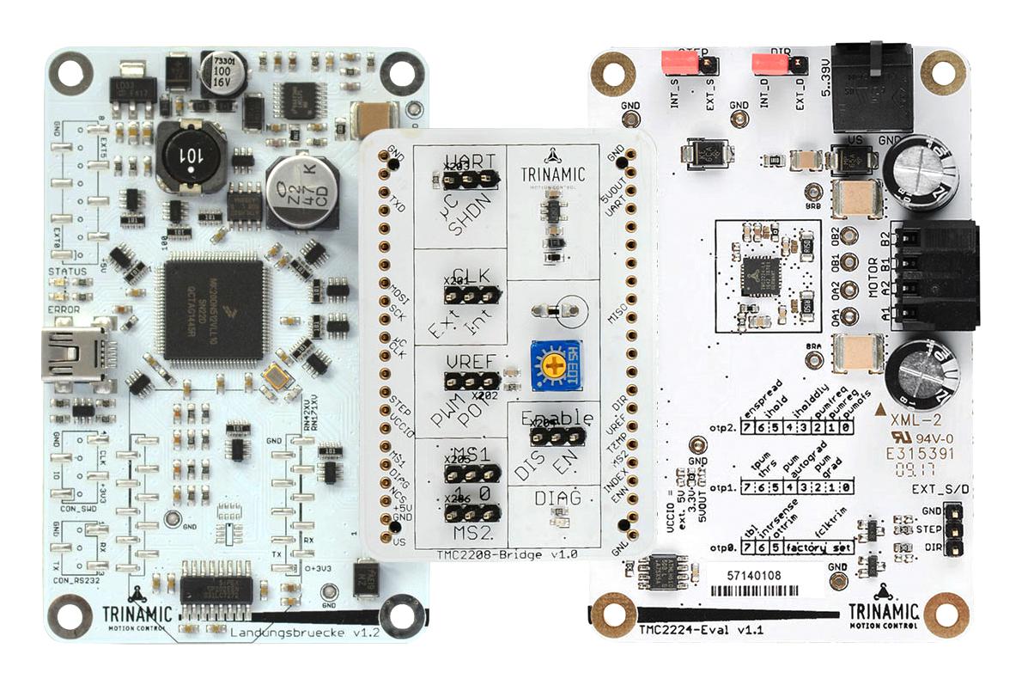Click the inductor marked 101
[189, 157]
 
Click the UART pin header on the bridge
[467, 179]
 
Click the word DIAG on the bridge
[557, 498]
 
